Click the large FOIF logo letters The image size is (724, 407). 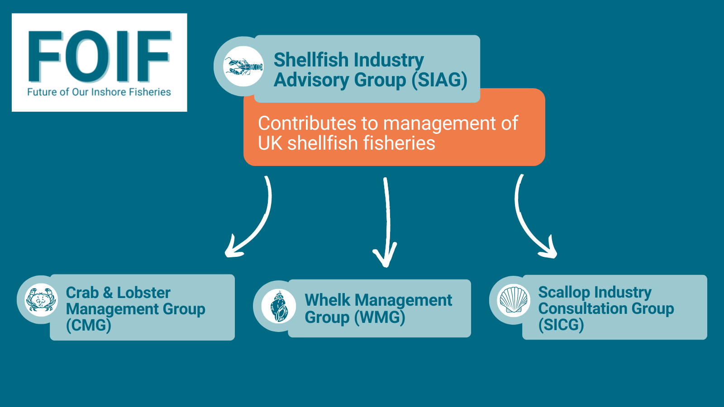(x=100, y=57)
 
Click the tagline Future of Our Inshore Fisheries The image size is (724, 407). (x=99, y=92)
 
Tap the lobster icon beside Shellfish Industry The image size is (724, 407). (x=243, y=66)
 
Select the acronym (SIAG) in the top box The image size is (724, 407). (x=439, y=80)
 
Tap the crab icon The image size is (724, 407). (x=41, y=300)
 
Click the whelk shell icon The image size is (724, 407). (x=279, y=306)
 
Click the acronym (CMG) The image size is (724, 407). (x=89, y=326)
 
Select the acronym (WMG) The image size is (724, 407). (x=380, y=317)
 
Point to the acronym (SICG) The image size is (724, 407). (x=561, y=325)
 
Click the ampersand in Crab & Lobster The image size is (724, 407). (x=108, y=293)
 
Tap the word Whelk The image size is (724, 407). (x=327, y=300)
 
